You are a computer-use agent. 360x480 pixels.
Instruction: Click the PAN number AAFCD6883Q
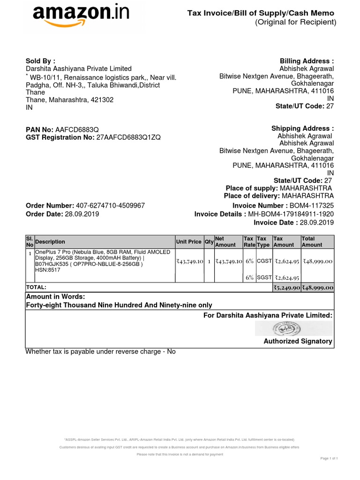[x=77, y=129]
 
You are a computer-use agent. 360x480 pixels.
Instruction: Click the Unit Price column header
[x=188, y=242]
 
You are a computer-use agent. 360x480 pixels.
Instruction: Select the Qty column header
[x=209, y=242]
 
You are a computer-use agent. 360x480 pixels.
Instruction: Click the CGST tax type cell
[x=264, y=261]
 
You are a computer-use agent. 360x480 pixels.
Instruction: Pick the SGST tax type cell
[x=264, y=277]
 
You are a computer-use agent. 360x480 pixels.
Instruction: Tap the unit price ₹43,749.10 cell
[x=189, y=262]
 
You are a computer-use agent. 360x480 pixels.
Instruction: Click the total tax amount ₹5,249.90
[x=286, y=287]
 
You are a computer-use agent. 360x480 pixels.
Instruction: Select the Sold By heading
[x=40, y=60]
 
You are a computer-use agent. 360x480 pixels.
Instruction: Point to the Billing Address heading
[x=307, y=61]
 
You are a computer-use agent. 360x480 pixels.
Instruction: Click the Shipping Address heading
[x=302, y=128]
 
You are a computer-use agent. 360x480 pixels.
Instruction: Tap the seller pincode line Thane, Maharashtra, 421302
[x=69, y=100]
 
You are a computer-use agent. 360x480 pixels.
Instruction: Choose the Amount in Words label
[x=55, y=296]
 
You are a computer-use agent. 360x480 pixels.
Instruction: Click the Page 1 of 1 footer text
[x=329, y=458]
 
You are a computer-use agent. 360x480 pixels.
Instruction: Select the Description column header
[x=50, y=242]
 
